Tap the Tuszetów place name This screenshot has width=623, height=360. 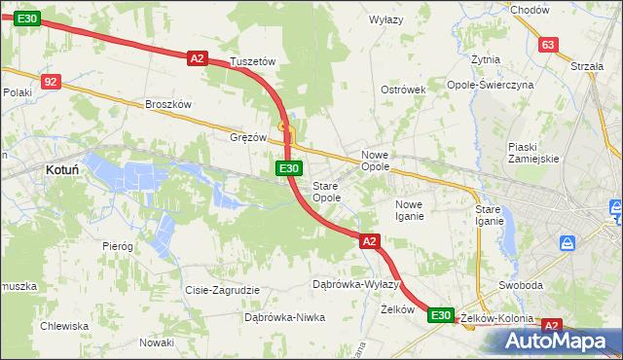[x=253, y=61]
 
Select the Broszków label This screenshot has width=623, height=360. [x=168, y=104]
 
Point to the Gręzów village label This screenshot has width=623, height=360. [x=248, y=137]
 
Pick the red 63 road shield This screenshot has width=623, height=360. [x=548, y=46]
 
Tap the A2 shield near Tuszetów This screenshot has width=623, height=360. [x=198, y=58]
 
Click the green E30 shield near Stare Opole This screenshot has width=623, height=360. [x=288, y=168]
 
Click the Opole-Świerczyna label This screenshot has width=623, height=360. [x=503, y=85]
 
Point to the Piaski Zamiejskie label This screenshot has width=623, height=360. [x=531, y=153]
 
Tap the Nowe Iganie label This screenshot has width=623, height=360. [x=409, y=210]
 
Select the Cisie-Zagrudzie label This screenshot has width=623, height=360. [x=222, y=290]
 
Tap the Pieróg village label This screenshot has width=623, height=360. [x=117, y=246]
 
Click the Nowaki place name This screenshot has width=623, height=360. [x=156, y=342]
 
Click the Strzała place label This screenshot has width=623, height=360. [x=587, y=66]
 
